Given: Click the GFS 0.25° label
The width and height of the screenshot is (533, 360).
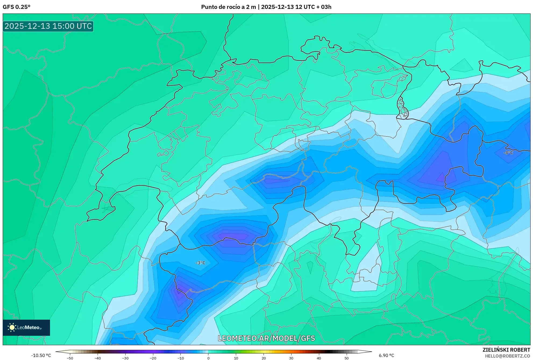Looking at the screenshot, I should (16, 7).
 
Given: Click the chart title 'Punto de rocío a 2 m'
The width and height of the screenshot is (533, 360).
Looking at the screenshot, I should (228, 7).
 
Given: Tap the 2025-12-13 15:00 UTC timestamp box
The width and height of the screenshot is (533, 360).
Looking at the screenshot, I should (48, 26).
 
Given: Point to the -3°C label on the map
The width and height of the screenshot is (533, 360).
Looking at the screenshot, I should (200, 263).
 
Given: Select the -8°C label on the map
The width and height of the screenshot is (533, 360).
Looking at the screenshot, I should (508, 153).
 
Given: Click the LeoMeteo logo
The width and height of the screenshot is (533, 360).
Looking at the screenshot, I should (26, 327).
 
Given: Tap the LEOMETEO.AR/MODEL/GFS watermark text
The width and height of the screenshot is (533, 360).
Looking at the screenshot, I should (266, 338).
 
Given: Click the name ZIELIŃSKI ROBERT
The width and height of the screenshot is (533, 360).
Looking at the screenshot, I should (506, 350).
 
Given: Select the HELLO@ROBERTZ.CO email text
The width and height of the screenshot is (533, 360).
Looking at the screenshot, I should (507, 356).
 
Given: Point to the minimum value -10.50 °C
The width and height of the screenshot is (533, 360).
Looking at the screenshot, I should (41, 355).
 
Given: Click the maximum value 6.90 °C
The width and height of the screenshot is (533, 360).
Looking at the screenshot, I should (386, 355).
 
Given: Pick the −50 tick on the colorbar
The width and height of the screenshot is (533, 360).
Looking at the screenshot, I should (70, 358).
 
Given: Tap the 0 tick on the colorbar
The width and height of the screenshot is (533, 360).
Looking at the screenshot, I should (208, 358).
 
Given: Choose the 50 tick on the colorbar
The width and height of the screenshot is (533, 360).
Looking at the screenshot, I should (346, 358).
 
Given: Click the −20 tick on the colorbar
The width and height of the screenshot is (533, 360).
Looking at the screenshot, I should (153, 358).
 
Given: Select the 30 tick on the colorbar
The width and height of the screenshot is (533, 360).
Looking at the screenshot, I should (291, 358).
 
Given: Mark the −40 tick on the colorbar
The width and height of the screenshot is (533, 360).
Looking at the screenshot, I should (98, 358).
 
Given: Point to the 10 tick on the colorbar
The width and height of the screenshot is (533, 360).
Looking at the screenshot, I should (236, 358).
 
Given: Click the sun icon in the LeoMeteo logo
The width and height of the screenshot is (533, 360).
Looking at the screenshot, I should (12, 327).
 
